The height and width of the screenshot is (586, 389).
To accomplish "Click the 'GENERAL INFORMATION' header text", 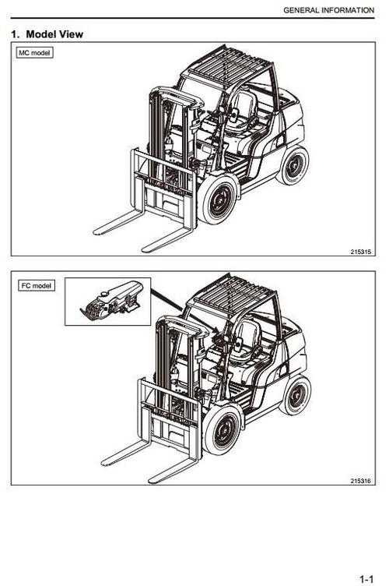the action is point(328,10).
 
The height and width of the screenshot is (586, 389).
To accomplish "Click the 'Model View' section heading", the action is point(54,34).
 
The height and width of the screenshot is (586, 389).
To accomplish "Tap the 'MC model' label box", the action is point(34,53).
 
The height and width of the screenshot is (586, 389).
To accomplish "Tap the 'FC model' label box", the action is point(37,285).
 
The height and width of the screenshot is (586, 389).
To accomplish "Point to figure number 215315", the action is point(361,252).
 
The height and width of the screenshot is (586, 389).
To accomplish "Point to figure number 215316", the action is point(361,481).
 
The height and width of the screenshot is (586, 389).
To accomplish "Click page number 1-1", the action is point(366,579).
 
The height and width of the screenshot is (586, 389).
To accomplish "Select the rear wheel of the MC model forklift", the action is point(293,165).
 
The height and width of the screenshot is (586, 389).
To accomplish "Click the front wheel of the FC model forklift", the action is point(223,430).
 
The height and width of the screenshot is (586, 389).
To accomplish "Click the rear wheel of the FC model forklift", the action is point(296,395).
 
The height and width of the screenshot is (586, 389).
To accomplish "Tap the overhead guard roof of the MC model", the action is point(228,65).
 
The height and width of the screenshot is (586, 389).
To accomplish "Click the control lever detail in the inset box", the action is point(111,302).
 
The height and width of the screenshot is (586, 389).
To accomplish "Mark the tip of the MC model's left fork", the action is point(95,232).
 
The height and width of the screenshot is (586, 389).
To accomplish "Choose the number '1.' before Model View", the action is point(16,34).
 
